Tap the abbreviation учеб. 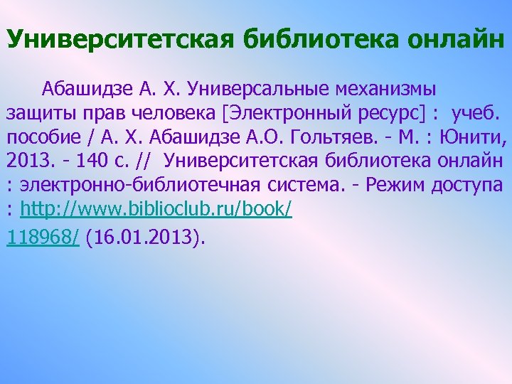[x=476, y=114]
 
